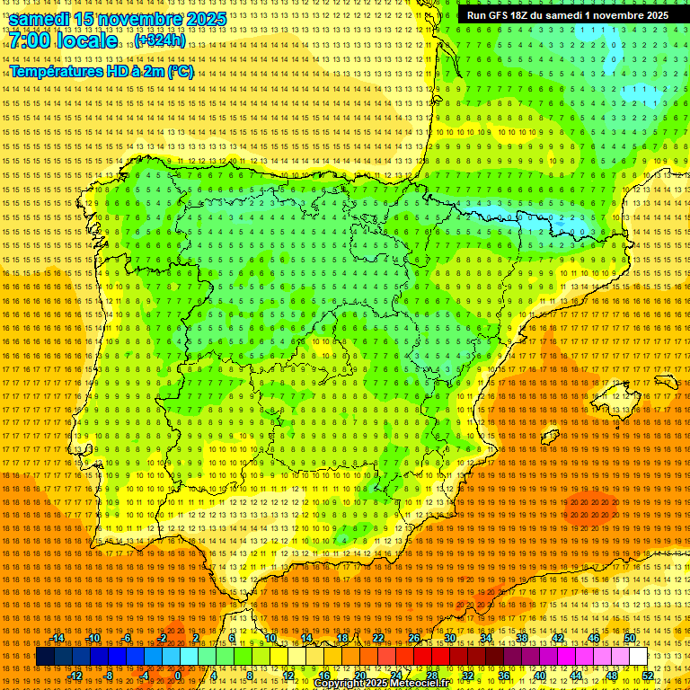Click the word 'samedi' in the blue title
[x=41, y=19]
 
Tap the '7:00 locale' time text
[x=63, y=40]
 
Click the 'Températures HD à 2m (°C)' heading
[x=102, y=71]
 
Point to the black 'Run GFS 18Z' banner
[x=567, y=15]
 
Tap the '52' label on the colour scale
[x=648, y=676]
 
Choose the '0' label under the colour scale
[x=178, y=676]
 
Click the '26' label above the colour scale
[x=414, y=638]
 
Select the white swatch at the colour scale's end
[x=639, y=657]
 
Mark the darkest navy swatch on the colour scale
[x=46, y=657]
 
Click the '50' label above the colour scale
[x=630, y=638]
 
